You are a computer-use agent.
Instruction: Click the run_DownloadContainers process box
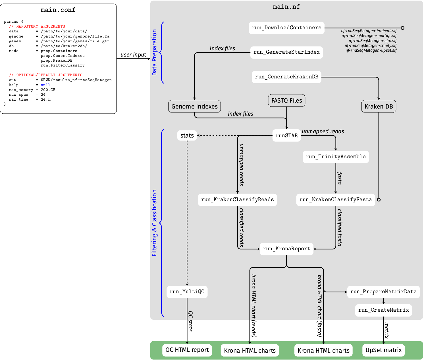[286, 28]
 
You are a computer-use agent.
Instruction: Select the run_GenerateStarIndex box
[286, 52]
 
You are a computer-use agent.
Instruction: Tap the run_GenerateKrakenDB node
[286, 77]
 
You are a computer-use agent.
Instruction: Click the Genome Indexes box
[194, 107]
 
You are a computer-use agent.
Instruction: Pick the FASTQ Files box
[286, 101]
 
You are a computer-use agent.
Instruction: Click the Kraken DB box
[379, 107]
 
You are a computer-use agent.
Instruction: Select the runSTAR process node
[286, 136]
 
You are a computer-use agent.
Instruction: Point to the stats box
[187, 136]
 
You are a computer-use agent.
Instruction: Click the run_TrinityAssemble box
[336, 157]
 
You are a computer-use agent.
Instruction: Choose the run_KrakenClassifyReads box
[237, 200]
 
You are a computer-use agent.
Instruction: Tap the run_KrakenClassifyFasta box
[336, 200]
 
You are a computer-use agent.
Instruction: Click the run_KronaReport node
[286, 249]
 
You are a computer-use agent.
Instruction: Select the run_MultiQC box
[187, 292]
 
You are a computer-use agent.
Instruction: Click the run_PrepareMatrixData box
[383, 292]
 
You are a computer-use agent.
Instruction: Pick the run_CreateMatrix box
[383, 310]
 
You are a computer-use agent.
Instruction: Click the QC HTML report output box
[187, 350]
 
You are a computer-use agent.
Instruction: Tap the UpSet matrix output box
[383, 350]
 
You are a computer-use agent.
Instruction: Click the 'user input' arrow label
[133, 55]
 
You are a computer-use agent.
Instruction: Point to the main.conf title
[58, 10]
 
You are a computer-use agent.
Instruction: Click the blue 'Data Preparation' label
[154, 52]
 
